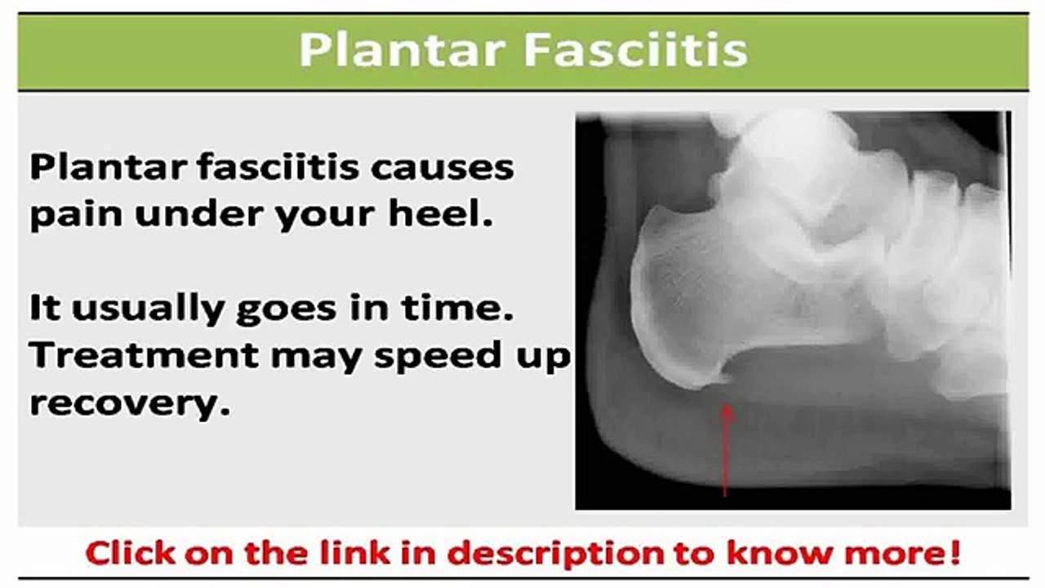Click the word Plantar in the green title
coord(402,51)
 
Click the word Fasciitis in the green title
coord(635,51)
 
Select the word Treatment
coord(143,356)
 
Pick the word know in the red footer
coord(772,553)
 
